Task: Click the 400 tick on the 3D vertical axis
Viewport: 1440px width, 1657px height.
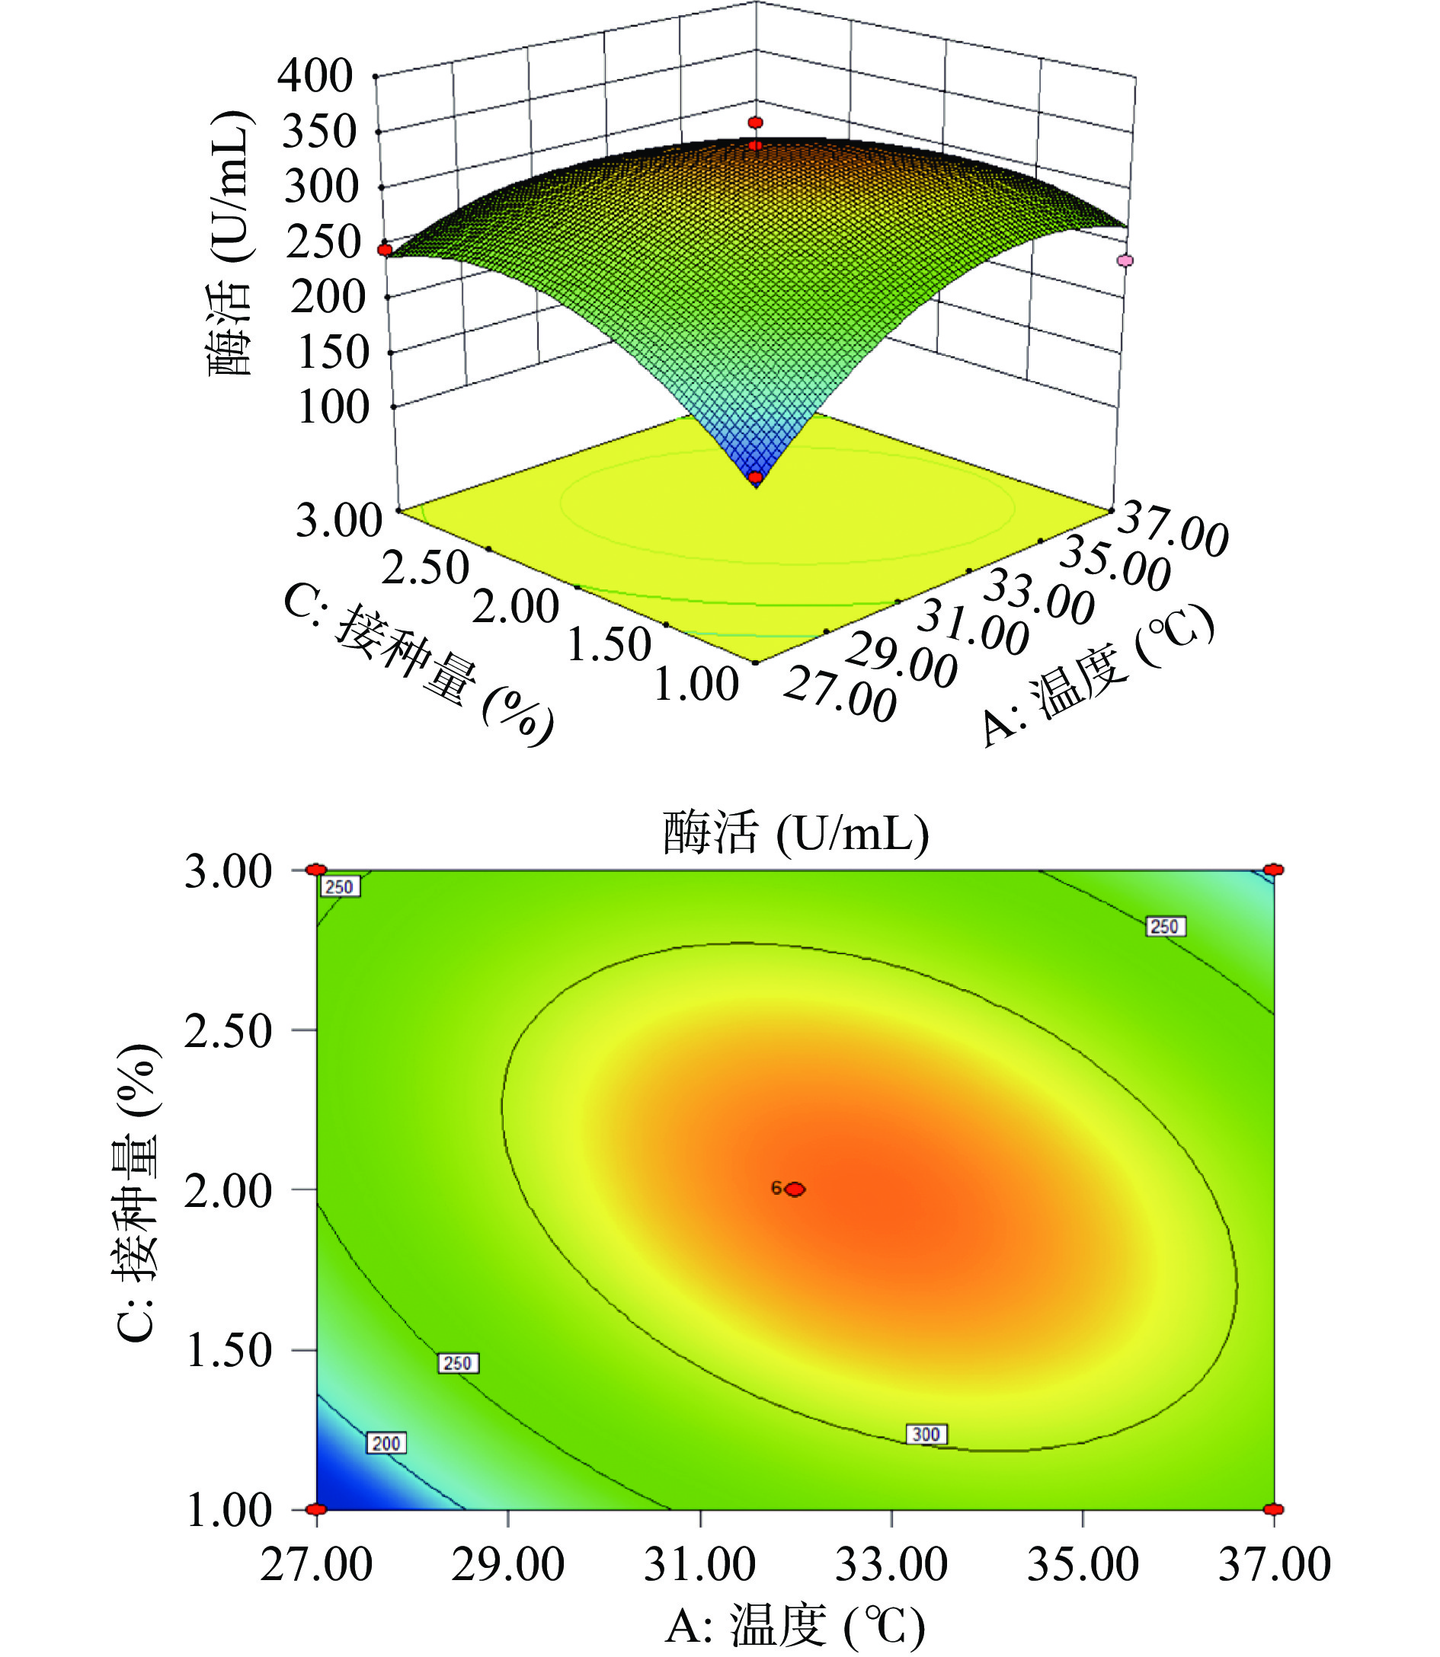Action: click(315, 76)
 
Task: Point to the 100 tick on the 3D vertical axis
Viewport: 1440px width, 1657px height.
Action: click(334, 407)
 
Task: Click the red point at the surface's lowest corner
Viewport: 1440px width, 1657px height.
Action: click(755, 478)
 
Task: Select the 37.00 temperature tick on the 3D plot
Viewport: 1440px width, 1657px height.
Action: click(1172, 528)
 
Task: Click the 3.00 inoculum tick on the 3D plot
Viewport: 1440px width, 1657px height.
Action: click(338, 520)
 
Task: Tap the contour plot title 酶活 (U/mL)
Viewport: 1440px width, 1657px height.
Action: click(795, 833)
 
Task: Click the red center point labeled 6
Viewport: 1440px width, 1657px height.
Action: click(795, 1189)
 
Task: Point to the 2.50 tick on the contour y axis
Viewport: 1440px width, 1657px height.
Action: click(229, 1030)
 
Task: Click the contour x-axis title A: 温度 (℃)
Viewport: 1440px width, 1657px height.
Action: click(795, 1627)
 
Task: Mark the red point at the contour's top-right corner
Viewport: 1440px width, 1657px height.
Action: click(1274, 870)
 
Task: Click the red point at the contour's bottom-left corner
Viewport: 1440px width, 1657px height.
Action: click(317, 1509)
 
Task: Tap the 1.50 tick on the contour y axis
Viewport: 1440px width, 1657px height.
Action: click(229, 1350)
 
